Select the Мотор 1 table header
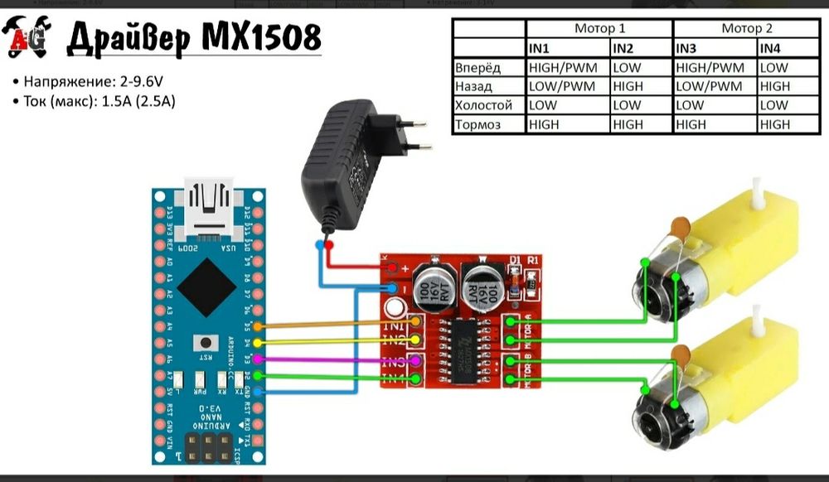pos(599,28)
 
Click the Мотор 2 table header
pos(746,28)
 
